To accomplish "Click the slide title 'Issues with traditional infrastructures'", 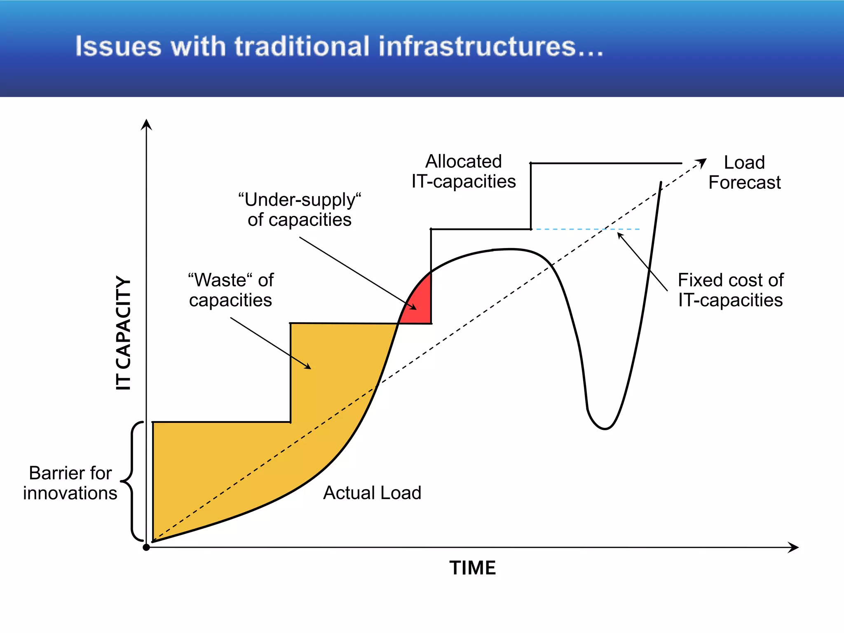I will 339,46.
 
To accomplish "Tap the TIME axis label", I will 472,568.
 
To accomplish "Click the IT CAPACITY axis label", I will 123,333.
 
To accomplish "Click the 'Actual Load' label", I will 372,493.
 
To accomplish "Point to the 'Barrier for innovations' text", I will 70,483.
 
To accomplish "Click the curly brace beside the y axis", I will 131,481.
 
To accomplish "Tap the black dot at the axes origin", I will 146,547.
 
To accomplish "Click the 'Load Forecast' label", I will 744,172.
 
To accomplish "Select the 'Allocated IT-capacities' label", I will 464,171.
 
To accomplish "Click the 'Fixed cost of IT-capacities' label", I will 730,290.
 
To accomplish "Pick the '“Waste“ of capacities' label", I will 231,290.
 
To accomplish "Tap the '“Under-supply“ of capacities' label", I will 300,210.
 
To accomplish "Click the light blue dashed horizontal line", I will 585,229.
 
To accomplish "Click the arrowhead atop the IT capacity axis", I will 146,124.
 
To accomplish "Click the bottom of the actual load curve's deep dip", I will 605,429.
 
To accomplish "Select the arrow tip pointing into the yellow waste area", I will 310,368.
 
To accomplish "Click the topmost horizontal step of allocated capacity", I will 606,164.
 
